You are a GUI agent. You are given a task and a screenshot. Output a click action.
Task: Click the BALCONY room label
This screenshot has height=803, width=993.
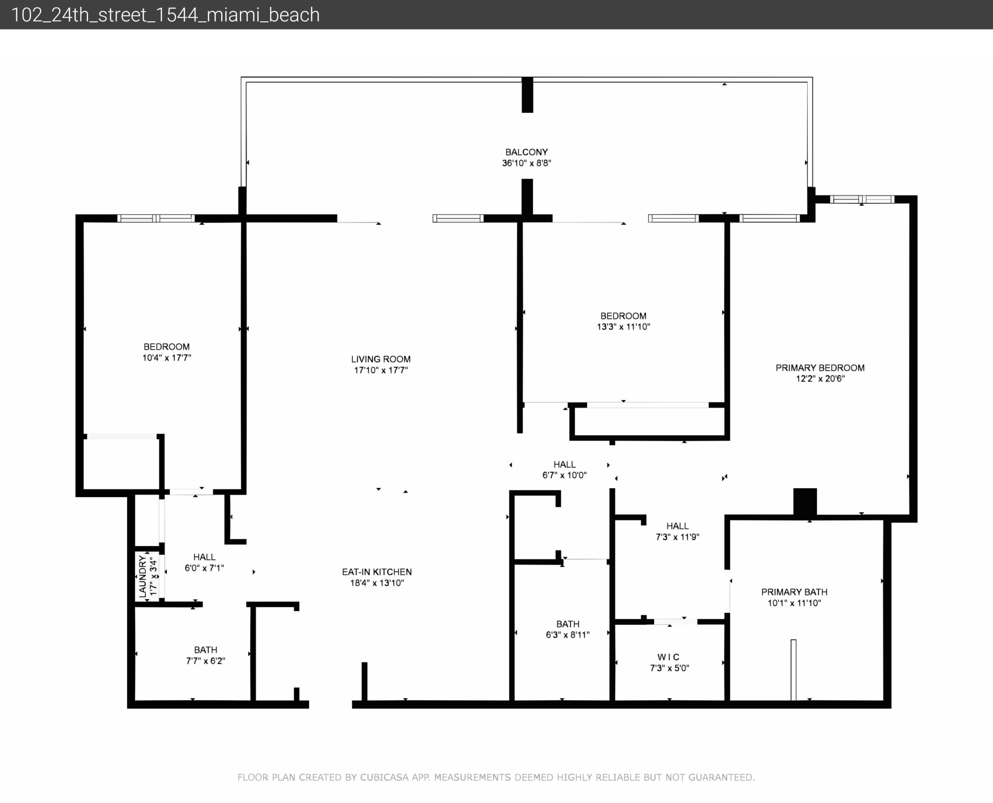[526, 152]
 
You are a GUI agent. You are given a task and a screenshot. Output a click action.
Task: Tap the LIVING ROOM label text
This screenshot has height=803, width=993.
[381, 359]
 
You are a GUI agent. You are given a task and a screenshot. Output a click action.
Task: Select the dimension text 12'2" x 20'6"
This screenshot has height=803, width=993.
[820, 379]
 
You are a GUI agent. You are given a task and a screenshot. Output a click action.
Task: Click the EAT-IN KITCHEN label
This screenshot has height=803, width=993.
[377, 572]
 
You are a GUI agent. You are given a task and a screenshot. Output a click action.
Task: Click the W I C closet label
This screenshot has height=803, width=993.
[669, 657]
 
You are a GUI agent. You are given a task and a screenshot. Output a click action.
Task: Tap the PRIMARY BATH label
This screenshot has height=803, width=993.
[794, 592]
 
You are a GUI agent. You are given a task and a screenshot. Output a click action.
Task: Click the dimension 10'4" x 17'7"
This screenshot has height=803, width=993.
[166, 358]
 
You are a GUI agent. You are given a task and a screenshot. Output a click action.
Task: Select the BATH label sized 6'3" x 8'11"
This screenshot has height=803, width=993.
[568, 624]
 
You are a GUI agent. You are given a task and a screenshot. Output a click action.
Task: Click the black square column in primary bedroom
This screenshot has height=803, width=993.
[805, 502]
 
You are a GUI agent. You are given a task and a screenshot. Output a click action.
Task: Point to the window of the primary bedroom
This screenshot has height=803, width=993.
[862, 199]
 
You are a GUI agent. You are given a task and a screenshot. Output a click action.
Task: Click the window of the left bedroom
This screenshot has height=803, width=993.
[156, 218]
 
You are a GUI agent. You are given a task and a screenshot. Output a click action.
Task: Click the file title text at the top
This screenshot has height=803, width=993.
[165, 15]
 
